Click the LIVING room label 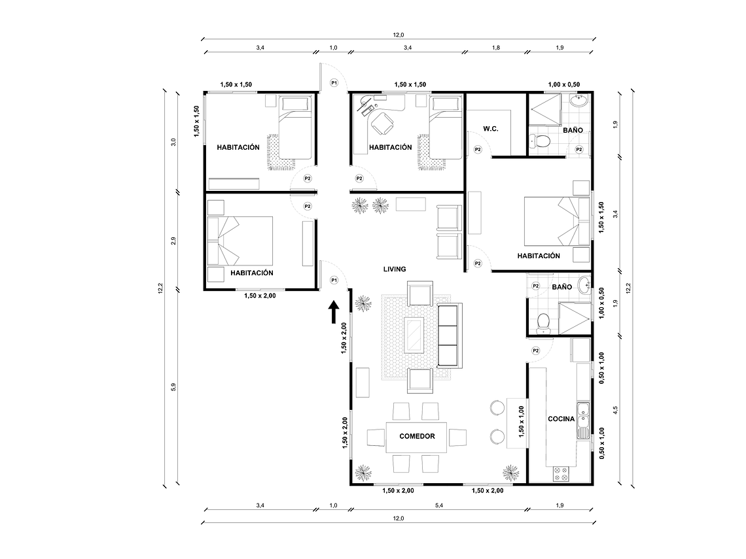(395, 269)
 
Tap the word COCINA (561, 419)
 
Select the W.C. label (491, 129)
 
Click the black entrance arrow (333, 313)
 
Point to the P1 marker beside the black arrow (334, 280)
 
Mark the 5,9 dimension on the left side (173, 387)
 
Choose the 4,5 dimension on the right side (614, 411)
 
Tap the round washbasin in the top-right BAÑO (578, 103)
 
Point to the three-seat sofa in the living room (448, 334)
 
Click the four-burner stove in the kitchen (561, 474)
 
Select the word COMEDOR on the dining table (417, 435)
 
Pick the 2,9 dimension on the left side (173, 241)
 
